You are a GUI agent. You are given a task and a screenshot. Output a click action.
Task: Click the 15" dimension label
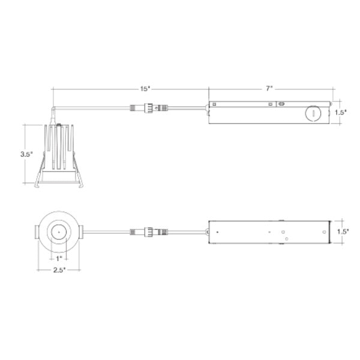(x=145, y=89)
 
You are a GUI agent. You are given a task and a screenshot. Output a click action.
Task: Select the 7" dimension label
(x=269, y=88)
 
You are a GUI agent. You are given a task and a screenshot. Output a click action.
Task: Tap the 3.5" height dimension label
(x=26, y=154)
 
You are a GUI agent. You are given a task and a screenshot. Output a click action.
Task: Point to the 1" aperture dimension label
(x=59, y=259)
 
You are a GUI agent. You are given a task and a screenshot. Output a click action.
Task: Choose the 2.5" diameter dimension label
(x=59, y=270)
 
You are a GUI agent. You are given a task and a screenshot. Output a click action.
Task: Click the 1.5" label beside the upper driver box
(x=340, y=113)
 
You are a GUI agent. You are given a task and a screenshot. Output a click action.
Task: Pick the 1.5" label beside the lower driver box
(x=343, y=232)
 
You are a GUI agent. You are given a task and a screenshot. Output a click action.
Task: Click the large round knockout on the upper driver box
(x=313, y=113)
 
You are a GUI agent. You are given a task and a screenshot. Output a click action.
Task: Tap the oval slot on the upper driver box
(x=281, y=104)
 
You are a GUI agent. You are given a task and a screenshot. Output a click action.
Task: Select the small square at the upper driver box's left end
(x=214, y=104)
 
